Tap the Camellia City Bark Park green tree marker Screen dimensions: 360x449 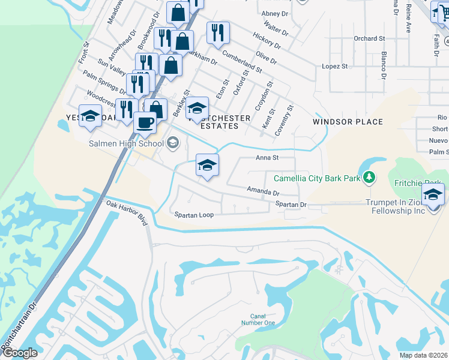click(370, 177)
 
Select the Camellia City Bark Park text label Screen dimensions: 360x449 click(316, 178)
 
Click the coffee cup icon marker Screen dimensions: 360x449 click(145, 124)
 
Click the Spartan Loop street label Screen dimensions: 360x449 click(193, 214)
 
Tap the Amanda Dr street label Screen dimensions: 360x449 click(263, 192)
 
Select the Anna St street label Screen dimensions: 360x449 click(267, 158)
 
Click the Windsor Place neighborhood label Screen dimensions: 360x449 click(348, 122)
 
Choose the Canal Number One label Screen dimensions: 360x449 click(262, 319)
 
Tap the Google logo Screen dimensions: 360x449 click(19, 352)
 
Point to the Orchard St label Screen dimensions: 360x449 click(369, 39)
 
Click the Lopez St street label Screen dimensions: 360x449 click(335, 66)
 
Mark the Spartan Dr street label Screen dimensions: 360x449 click(291, 205)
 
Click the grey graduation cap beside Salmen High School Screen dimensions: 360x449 click(173, 142)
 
